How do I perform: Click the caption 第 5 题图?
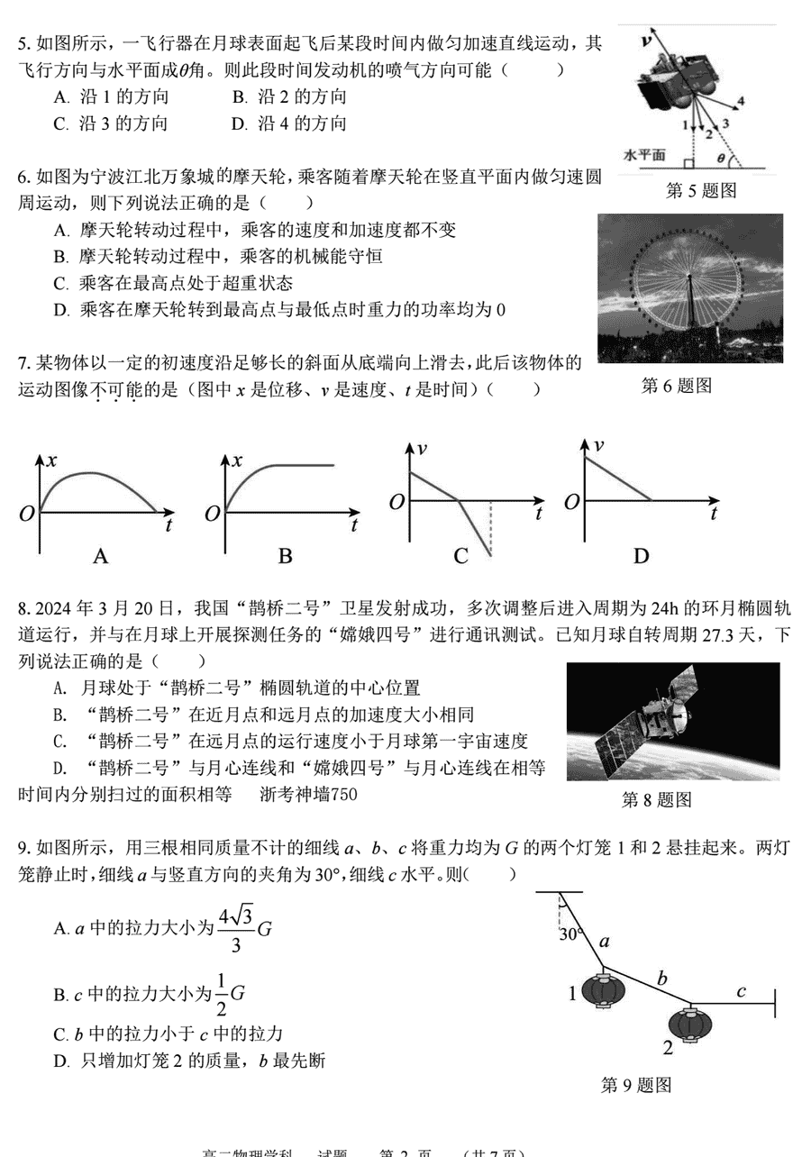[701, 190]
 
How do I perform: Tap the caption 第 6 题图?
[676, 386]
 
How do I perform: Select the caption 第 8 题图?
[657, 799]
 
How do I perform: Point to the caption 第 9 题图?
[636, 1085]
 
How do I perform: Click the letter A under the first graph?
[101, 556]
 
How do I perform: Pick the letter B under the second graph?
[285, 556]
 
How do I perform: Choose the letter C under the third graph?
[461, 556]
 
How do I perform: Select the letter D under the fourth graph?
[641, 556]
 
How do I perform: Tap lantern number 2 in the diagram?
[690, 1024]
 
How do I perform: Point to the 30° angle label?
[570, 934]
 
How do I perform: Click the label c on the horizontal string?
[741, 991]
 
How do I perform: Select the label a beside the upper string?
[605, 942]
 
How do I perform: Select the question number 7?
[24, 363]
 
